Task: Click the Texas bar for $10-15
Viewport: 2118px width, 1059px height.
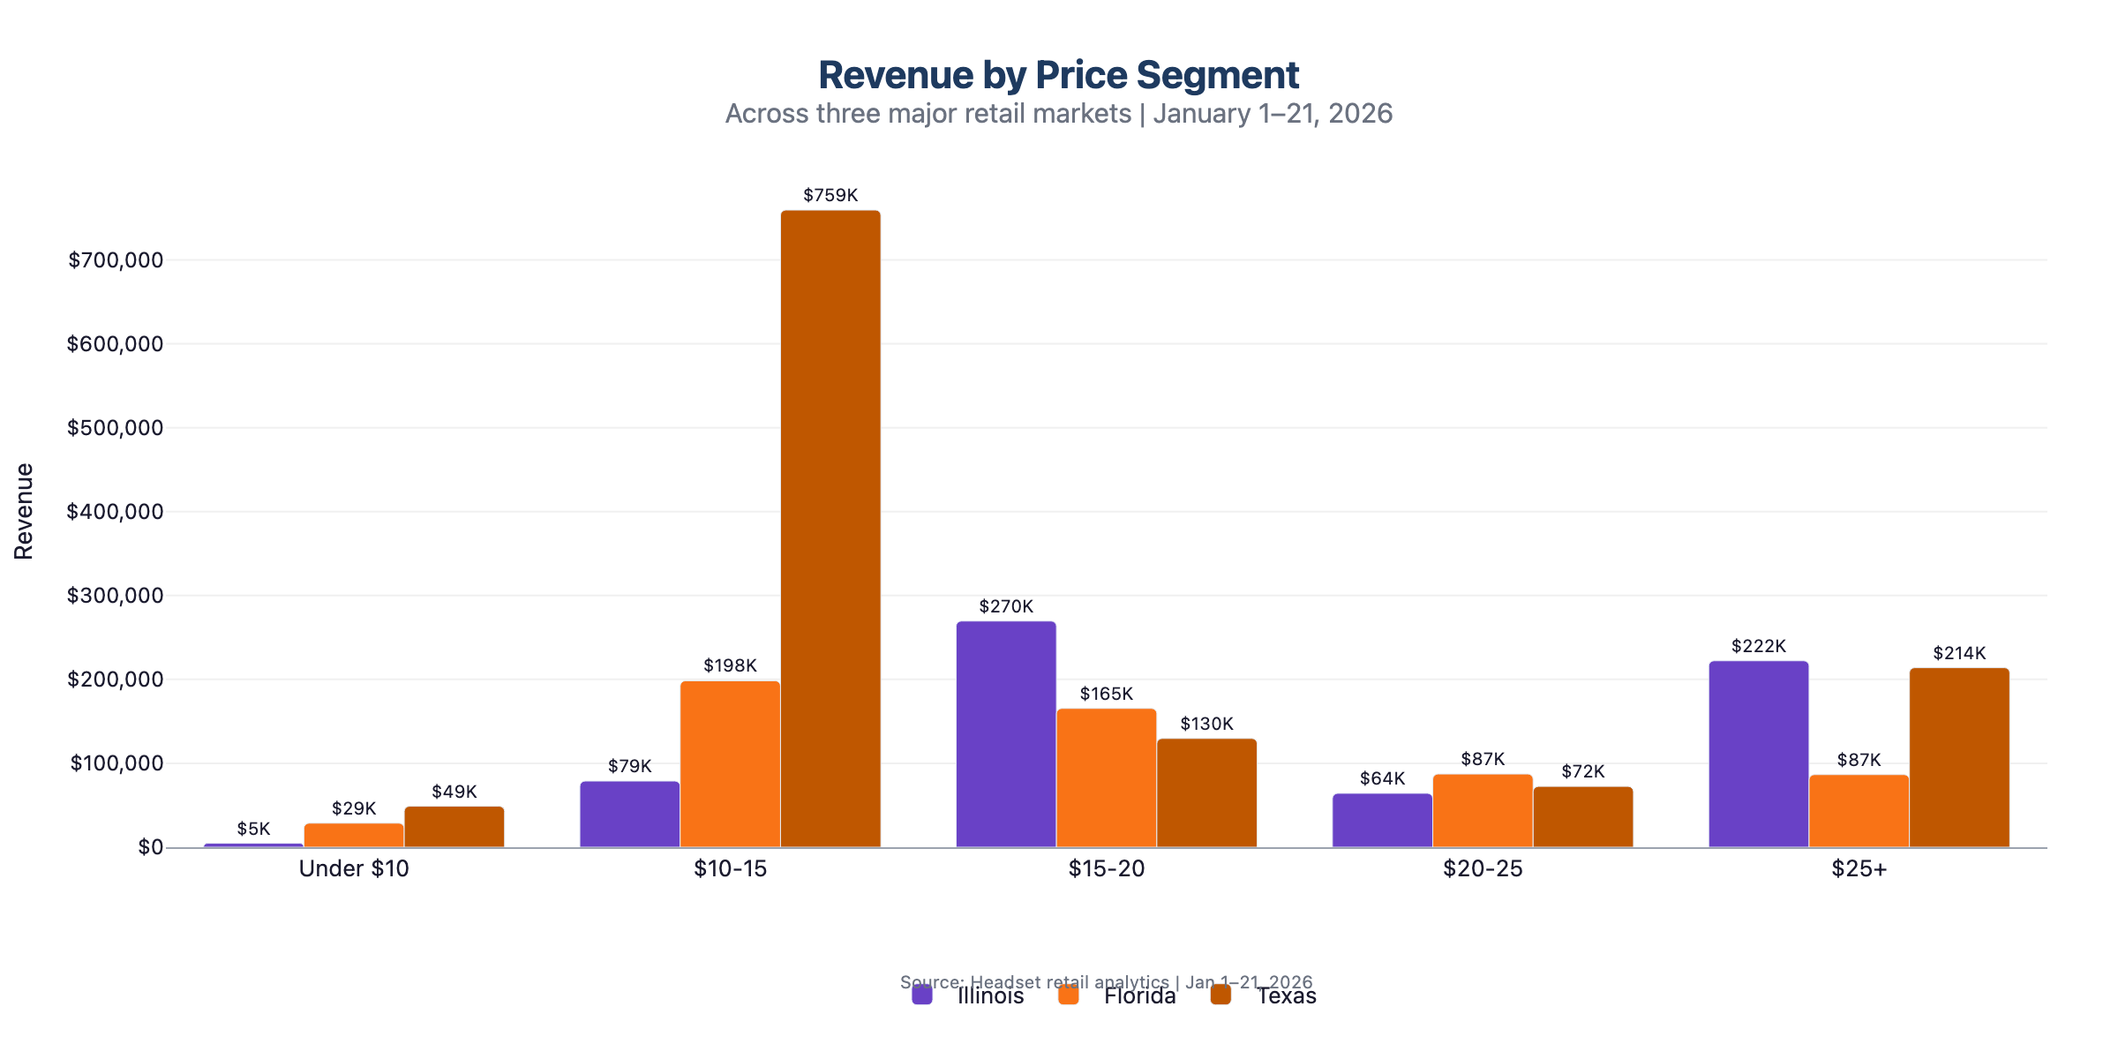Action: click(830, 529)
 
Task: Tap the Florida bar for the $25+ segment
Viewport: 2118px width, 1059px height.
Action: click(1859, 811)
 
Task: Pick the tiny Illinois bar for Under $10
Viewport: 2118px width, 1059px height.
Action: click(253, 845)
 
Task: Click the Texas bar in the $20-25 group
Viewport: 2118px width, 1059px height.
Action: click(1583, 817)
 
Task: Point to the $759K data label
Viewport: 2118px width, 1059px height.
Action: click(830, 195)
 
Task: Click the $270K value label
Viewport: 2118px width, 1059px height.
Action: click(1006, 606)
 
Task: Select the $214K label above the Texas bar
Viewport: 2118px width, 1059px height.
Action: click(1959, 653)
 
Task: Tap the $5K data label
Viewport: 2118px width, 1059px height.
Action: click(253, 829)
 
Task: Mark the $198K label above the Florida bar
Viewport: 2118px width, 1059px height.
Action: click(730, 665)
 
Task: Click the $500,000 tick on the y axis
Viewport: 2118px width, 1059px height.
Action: click(116, 428)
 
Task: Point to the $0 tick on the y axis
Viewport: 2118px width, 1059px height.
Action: click(150, 847)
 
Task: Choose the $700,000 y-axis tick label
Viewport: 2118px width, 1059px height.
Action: click(116, 260)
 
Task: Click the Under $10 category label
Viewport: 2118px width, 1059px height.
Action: click(354, 868)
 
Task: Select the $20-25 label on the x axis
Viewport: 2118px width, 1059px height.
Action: click(1483, 868)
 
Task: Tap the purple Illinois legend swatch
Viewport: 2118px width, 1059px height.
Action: click(922, 995)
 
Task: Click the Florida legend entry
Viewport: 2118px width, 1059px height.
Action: click(1139, 996)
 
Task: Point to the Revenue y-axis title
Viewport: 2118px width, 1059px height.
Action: click(24, 511)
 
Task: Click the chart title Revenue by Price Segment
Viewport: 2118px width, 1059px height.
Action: click(1058, 75)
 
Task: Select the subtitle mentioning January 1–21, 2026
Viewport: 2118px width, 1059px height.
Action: click(1058, 114)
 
